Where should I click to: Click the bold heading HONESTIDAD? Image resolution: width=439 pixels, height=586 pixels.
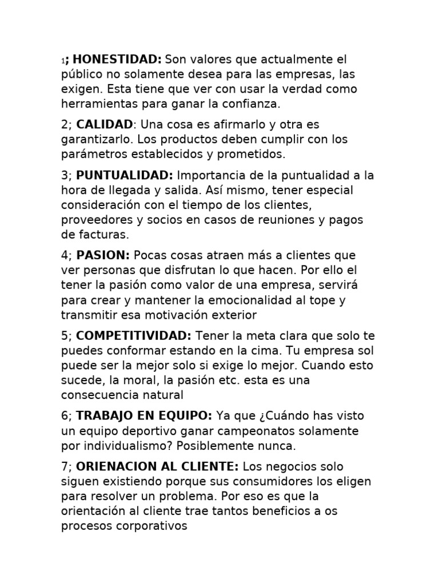118,60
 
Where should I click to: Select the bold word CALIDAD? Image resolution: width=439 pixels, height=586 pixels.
104,124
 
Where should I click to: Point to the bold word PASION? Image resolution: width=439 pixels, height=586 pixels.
103,255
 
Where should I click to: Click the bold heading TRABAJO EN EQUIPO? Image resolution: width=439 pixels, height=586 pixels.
144,415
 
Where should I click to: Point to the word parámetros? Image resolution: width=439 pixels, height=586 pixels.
91,155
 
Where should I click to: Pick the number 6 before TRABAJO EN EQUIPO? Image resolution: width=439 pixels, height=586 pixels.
65,415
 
